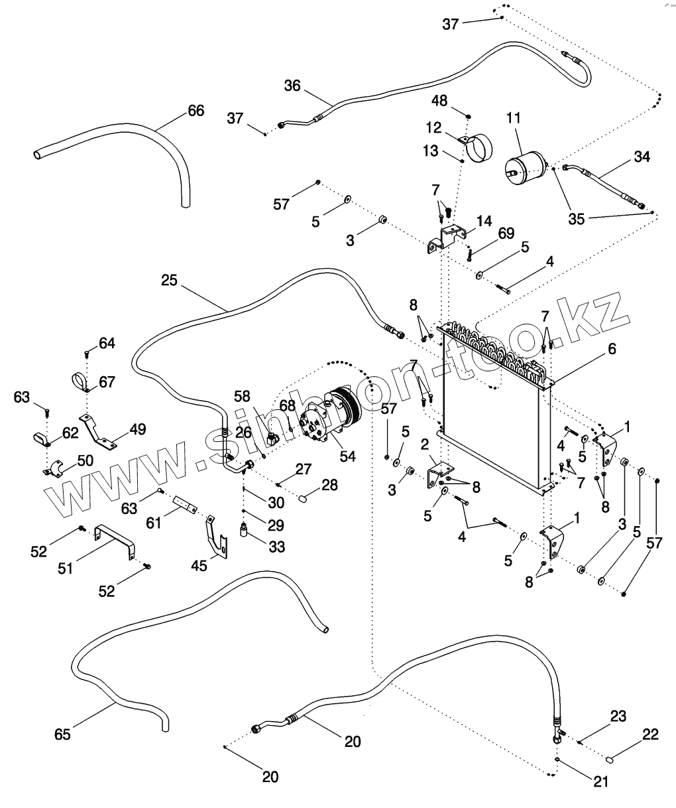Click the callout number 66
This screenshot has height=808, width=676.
(x=196, y=110)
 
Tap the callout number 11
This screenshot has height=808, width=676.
(x=514, y=118)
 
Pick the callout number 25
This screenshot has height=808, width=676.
(x=169, y=281)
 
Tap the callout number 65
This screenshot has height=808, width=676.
(x=63, y=734)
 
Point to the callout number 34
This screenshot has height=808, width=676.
(x=642, y=157)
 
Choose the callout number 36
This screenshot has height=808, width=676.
(x=292, y=86)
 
